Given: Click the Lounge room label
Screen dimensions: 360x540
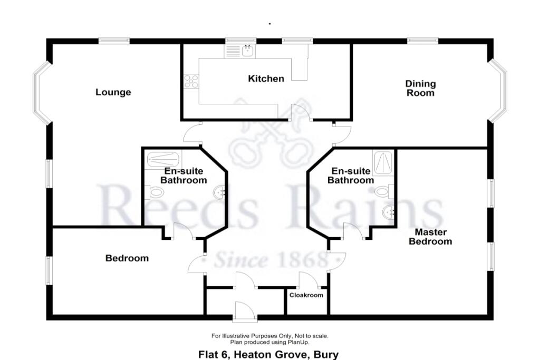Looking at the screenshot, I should pyautogui.click(x=113, y=92).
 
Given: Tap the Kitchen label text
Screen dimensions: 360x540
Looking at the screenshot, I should pyautogui.click(x=266, y=79).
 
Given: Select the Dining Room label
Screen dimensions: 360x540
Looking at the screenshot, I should pyautogui.click(x=420, y=88).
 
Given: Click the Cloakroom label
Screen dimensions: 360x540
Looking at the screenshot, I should pyautogui.click(x=306, y=295).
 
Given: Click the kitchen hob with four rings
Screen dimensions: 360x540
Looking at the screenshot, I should pyautogui.click(x=191, y=81).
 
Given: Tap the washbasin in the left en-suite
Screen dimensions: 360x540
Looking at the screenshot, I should pyautogui.click(x=220, y=194).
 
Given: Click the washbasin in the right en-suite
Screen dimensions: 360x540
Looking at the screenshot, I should pyautogui.click(x=389, y=212).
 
